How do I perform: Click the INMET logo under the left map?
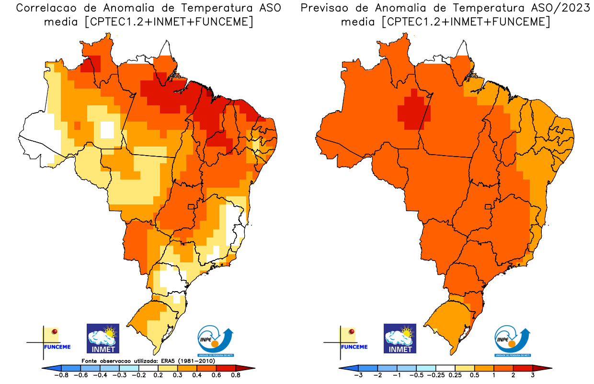coord(103,338)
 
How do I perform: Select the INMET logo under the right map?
coord(400,338)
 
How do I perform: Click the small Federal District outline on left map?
coord(191,207)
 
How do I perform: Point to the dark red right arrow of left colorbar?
coord(250,369)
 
